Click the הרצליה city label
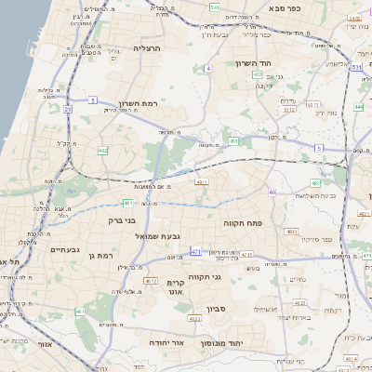147,47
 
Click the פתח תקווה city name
246,223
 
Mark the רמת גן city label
98,255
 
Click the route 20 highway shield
68,109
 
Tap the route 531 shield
357,67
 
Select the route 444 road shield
359,107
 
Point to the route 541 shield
215,7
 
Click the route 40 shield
272,193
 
